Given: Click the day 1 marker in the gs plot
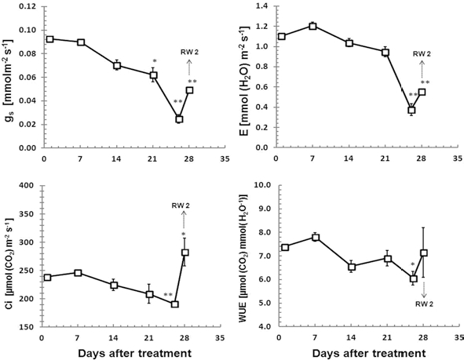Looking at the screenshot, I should point(50,38).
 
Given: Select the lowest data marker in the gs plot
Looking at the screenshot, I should point(179,119).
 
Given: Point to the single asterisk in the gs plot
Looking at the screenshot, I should point(155,61).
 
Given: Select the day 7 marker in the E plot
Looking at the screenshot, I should point(312,26).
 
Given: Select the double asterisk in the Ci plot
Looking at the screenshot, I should point(168,295).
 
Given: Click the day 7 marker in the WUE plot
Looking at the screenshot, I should point(315,237).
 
